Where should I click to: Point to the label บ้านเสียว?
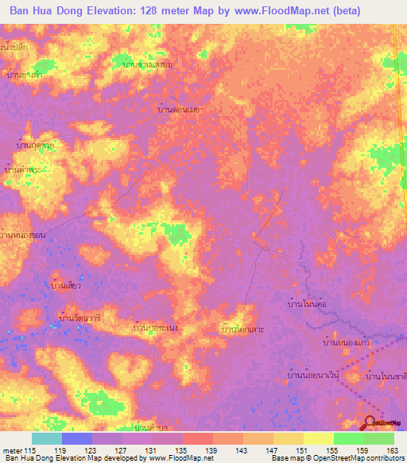[67, 285]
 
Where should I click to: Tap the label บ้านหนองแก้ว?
[347, 343]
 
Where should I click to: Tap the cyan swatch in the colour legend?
[46, 438]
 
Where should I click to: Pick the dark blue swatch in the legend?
[76, 438]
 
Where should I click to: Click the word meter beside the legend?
[11, 450]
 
